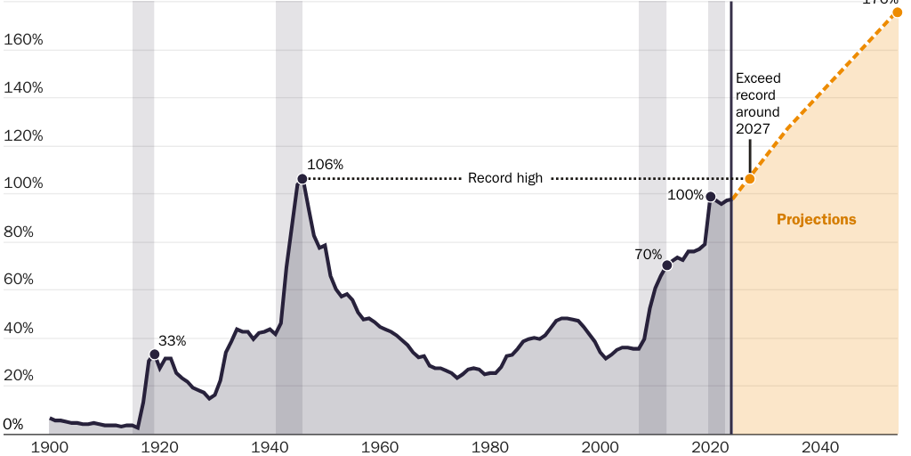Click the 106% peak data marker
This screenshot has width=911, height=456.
click(302, 179)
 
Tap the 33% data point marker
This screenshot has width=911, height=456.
click(155, 354)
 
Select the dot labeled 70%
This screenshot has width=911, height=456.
click(667, 265)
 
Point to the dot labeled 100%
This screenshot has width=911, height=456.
click(711, 197)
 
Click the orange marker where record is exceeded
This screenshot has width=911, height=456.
click(750, 179)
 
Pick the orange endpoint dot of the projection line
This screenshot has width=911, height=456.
click(898, 12)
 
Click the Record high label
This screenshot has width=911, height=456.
click(505, 178)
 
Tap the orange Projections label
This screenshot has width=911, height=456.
click(816, 219)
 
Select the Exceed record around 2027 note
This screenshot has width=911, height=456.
click(758, 103)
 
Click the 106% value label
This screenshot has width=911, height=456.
click(325, 165)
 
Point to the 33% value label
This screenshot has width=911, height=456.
click(173, 340)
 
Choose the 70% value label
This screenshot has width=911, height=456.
click(649, 254)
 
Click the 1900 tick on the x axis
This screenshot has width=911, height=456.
click(50, 445)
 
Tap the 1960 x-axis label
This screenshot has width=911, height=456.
click(380, 445)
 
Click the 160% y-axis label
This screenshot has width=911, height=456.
click(24, 40)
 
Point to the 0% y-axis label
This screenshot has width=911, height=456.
click(13, 424)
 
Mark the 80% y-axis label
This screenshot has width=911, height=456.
click(20, 232)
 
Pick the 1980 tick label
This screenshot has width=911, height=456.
click(490, 445)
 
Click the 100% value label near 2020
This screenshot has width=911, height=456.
click(685, 195)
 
